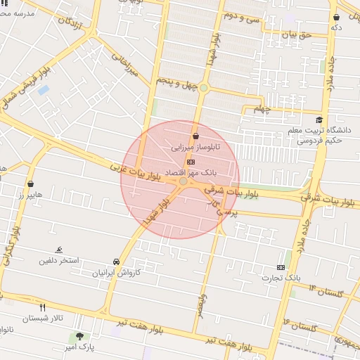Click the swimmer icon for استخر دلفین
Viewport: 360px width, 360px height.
pyautogui.click(x=59, y=250)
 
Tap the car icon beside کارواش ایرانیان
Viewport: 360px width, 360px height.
pyautogui.click(x=116, y=261)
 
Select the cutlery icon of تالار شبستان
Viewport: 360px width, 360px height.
pyautogui.click(x=42, y=307)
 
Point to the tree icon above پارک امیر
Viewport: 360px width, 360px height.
pyautogui.click(x=79, y=337)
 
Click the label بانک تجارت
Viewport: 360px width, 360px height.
pyautogui.click(x=282, y=278)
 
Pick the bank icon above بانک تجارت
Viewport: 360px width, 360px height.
pyautogui.click(x=281, y=267)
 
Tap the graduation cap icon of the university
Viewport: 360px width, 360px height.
pyautogui.click(x=320, y=120)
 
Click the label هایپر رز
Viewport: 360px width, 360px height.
pyautogui.click(x=31, y=194)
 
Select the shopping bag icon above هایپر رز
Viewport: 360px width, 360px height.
pyautogui.click(x=30, y=184)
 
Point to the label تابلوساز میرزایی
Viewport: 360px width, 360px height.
pyautogui.click(x=196, y=148)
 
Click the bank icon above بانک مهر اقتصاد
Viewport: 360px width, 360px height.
pyautogui.click(x=191, y=162)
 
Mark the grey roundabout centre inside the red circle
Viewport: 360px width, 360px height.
pyautogui.click(x=184, y=181)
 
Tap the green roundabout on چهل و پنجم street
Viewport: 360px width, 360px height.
pyautogui.click(x=204, y=88)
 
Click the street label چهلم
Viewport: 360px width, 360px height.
pyautogui.click(x=262, y=109)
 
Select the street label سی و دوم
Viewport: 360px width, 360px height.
pyautogui.click(x=241, y=15)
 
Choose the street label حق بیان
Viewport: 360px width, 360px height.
pyautogui.click(x=295, y=34)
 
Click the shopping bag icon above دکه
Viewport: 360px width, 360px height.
pyautogui.click(x=336, y=16)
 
